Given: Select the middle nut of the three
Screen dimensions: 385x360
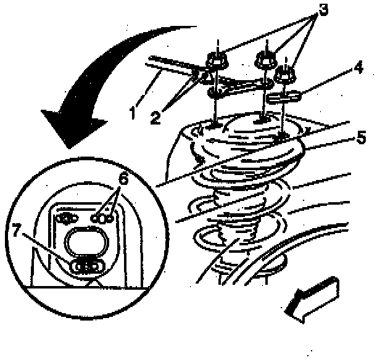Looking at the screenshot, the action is point(264,60).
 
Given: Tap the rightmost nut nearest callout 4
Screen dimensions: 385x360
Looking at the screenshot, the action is point(285,73).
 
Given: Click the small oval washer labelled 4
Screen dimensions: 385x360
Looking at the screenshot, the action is point(284,96).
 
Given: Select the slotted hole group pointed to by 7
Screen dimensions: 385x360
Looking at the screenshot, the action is point(86,266).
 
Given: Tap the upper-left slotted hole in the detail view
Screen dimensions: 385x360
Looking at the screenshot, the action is point(65,217).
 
